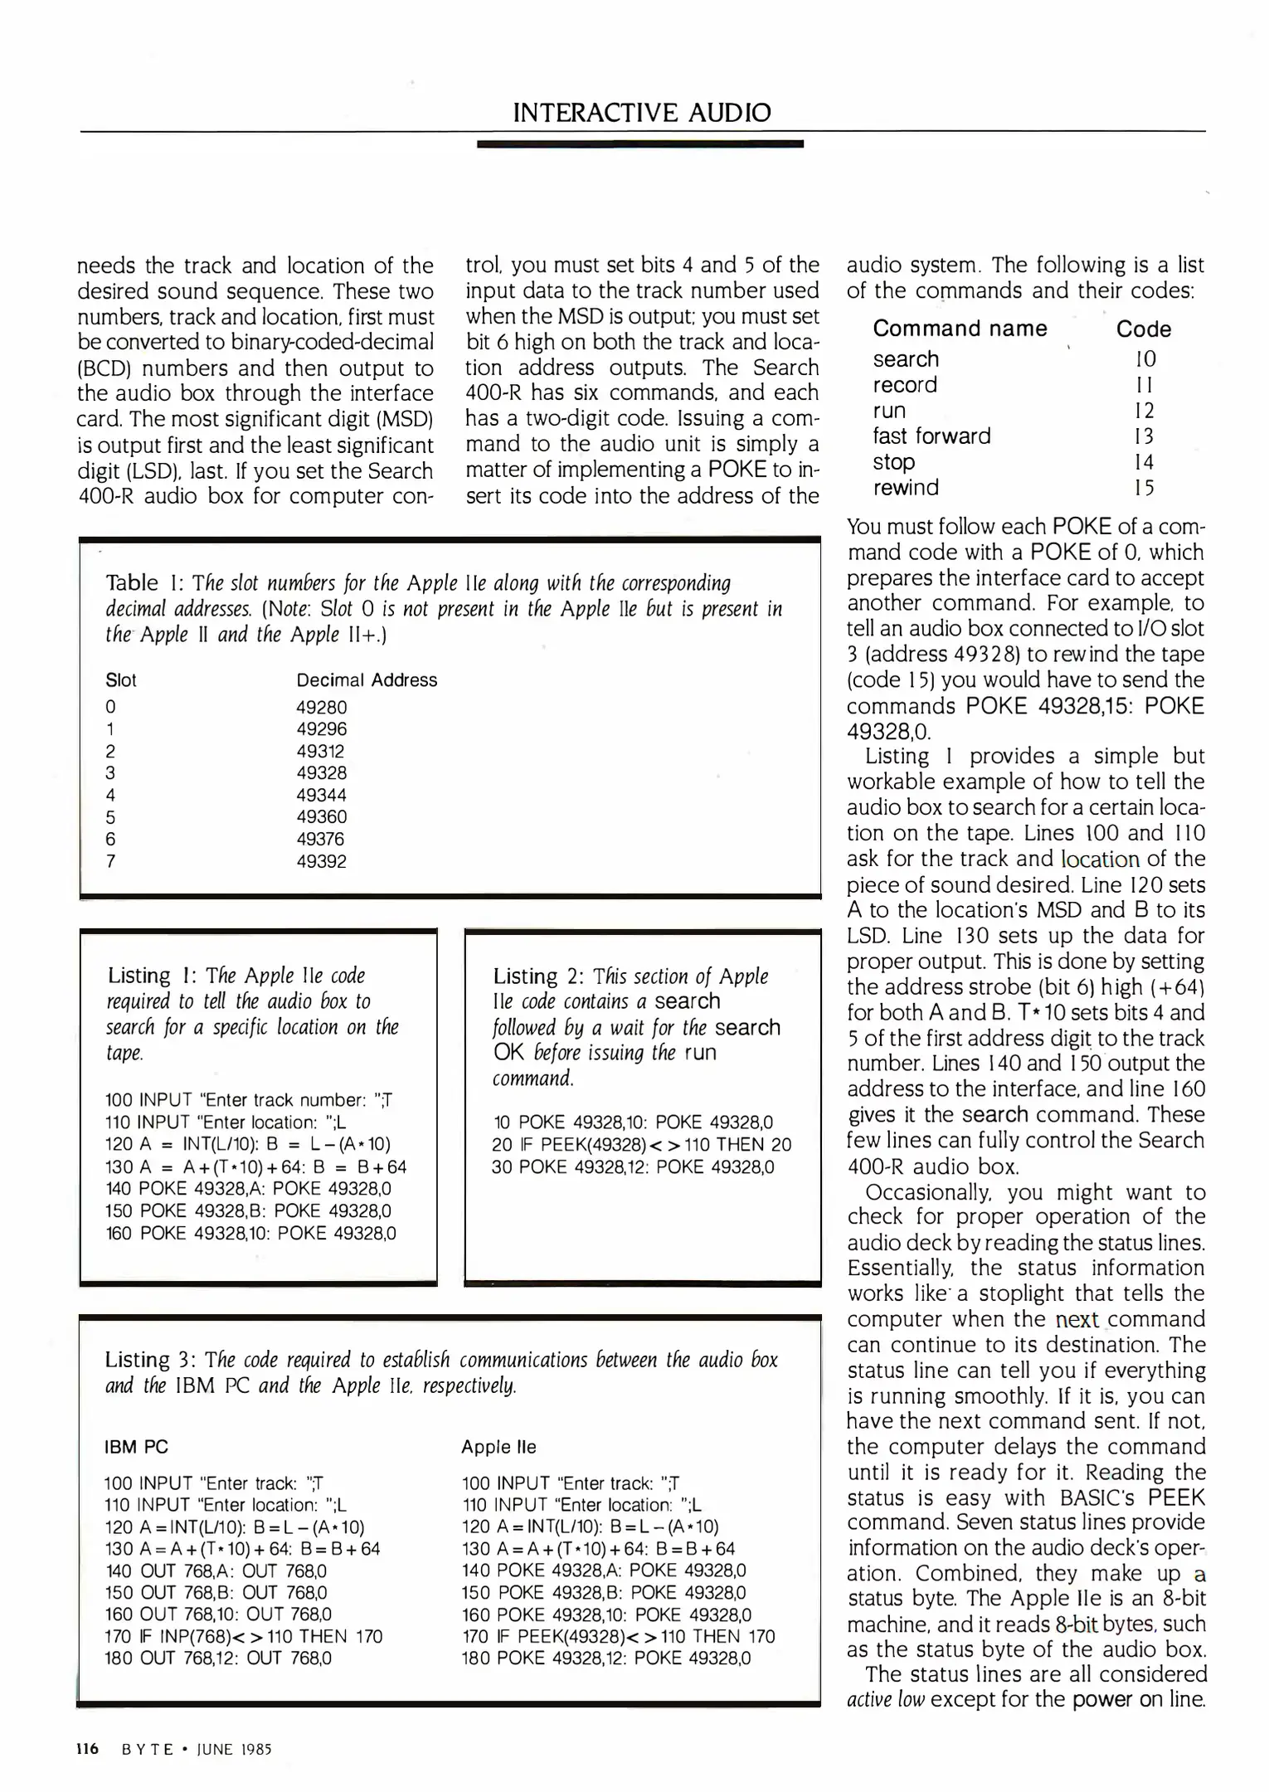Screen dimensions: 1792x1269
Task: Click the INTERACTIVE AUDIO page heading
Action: tap(641, 113)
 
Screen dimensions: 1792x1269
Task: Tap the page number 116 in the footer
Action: tap(87, 1749)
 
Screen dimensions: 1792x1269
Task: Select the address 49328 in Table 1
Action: tap(321, 773)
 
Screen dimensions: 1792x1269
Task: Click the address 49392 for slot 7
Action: tap(321, 861)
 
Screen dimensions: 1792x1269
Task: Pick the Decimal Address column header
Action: tap(366, 680)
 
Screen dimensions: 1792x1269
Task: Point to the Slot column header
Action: tap(121, 680)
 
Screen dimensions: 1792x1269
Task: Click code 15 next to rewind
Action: tap(1144, 488)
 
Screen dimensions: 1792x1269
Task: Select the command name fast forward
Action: tap(931, 436)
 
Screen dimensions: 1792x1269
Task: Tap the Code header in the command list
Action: tap(1143, 329)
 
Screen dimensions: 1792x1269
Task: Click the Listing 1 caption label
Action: tap(139, 976)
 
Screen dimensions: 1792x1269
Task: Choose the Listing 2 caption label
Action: tap(525, 976)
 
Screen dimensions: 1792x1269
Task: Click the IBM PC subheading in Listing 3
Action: tap(136, 1447)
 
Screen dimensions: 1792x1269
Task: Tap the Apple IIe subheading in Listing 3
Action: tap(498, 1447)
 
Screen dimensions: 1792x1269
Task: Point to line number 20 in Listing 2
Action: tap(502, 1145)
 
